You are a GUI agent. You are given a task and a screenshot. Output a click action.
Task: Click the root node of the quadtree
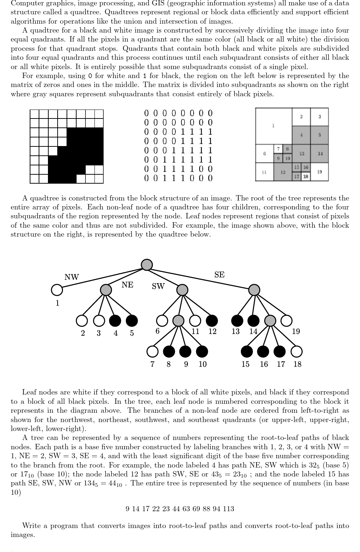point(147,265)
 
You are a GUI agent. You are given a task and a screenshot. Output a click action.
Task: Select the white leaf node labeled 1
point(57,290)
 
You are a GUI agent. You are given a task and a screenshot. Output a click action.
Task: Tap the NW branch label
point(72,277)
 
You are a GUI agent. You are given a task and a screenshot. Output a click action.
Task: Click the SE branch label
point(219,275)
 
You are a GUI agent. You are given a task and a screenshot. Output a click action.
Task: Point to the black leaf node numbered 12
point(212,320)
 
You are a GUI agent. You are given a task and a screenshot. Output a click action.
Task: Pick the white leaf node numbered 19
point(286,320)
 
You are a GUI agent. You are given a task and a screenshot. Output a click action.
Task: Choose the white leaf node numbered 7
point(152,352)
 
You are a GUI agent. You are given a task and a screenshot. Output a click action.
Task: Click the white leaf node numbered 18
point(297,352)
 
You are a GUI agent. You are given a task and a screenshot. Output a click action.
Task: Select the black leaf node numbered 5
point(132,320)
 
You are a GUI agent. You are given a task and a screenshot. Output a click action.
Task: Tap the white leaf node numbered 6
point(162,320)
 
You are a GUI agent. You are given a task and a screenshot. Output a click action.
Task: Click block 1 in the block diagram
point(273,126)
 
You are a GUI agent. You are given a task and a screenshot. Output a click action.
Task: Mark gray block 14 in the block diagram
point(320,154)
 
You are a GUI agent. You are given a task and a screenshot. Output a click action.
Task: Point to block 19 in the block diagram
point(320,172)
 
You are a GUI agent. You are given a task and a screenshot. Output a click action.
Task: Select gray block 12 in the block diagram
point(283,172)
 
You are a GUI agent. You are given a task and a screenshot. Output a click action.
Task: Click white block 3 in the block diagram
point(320,116)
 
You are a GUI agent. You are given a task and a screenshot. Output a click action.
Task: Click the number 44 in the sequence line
point(176,509)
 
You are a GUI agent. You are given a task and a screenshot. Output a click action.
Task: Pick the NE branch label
point(127,285)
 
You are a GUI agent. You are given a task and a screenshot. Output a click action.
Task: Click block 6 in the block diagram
point(264,154)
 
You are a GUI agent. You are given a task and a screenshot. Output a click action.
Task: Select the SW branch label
point(158,286)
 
